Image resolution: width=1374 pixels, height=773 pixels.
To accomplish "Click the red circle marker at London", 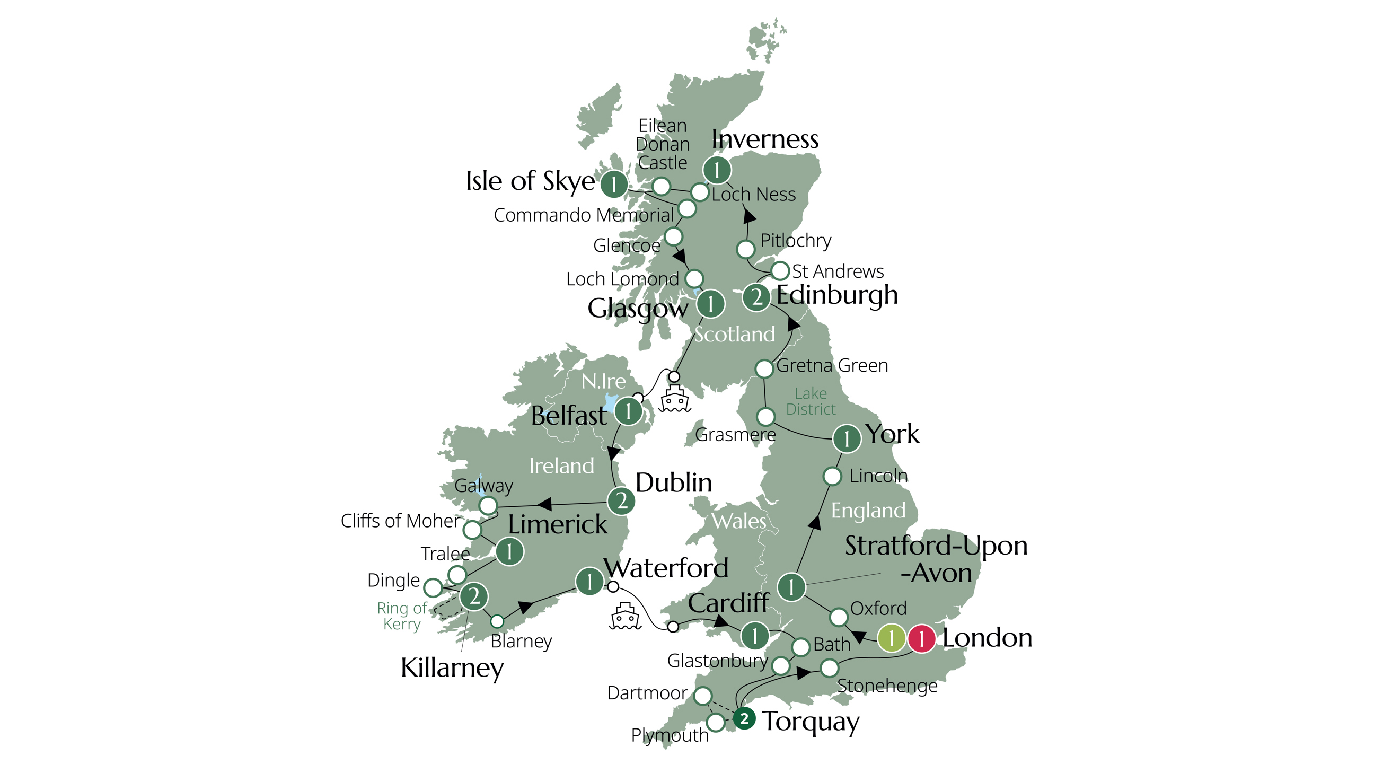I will coord(921,638).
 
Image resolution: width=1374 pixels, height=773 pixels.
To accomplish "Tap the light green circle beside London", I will coord(891,638).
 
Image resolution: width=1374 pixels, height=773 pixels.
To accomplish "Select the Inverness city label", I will coord(765,139).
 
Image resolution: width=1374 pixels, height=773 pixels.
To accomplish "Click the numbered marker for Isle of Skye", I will coord(614,185).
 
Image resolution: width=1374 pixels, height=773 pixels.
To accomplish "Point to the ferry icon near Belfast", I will coord(675,398).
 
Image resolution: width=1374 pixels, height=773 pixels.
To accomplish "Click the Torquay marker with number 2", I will coord(744,718).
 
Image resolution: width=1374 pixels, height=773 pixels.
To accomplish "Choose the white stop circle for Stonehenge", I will coord(830,667).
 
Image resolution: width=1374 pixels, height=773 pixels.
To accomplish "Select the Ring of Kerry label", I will coord(402,616).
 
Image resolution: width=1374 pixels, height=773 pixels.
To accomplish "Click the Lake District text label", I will coord(811,401).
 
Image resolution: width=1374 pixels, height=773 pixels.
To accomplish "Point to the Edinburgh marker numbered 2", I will coord(756,297).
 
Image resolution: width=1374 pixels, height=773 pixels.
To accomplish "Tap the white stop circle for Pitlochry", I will coord(746,249).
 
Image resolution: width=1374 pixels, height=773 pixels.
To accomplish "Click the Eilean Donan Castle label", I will coord(663,144).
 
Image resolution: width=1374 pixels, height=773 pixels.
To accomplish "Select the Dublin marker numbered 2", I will coord(621,502).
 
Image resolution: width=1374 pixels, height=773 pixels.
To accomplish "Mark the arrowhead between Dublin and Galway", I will coord(544,504).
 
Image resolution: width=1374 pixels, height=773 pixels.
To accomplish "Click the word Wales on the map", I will coord(739,521).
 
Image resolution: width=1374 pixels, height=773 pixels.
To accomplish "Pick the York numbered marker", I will coord(847,439).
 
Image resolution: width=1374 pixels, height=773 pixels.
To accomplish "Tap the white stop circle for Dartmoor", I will coord(703,696).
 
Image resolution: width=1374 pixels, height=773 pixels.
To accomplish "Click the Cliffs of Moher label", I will coord(400,521).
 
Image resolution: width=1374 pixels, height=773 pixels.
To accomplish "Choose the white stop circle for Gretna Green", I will coord(764,368).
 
